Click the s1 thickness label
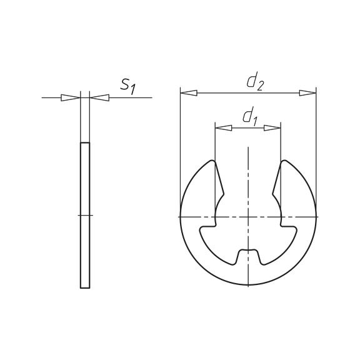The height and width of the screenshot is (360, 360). [x=127, y=86]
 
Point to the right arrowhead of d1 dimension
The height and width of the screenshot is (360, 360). [x=272, y=127]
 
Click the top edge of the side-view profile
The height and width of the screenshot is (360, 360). [x=85, y=143]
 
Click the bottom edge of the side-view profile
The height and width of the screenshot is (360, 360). [x=85, y=288]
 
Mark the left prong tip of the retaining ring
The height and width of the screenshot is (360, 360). [x=212, y=163]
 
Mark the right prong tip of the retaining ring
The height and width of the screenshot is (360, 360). [x=284, y=163]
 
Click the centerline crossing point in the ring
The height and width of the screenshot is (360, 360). [x=248, y=216]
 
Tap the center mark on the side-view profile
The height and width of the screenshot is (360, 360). [x=85, y=216]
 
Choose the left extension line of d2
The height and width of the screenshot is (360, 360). [x=180, y=150]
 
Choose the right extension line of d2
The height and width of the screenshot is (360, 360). [x=316, y=150]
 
